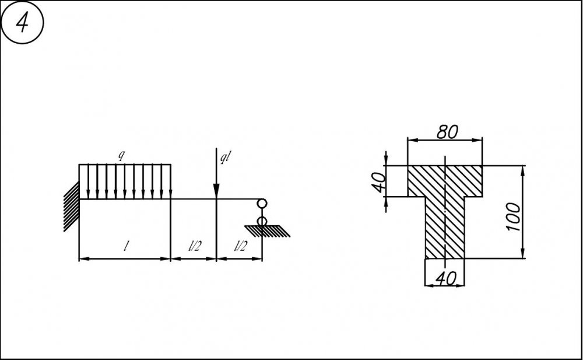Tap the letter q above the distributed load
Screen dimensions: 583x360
click(121, 156)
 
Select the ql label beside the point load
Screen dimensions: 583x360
click(225, 158)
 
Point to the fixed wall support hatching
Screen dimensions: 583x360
click(71, 207)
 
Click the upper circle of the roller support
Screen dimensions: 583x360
click(262, 204)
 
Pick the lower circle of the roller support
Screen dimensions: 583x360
click(262, 222)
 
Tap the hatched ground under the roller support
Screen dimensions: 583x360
click(267, 231)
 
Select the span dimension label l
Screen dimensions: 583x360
click(127, 245)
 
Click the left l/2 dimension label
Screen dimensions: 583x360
click(195, 246)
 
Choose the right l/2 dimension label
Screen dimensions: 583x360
click(240, 246)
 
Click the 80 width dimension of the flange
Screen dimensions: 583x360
click(447, 132)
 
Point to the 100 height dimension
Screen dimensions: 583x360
click(514, 216)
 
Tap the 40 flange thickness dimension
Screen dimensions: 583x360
click(380, 182)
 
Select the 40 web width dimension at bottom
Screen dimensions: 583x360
click(445, 278)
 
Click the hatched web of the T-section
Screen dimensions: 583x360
click(445, 227)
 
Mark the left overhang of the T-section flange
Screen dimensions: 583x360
click(416, 181)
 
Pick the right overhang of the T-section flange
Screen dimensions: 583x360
click(473, 181)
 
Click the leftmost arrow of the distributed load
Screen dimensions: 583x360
click(88, 181)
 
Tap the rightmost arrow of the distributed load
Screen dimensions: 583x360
click(170, 181)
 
